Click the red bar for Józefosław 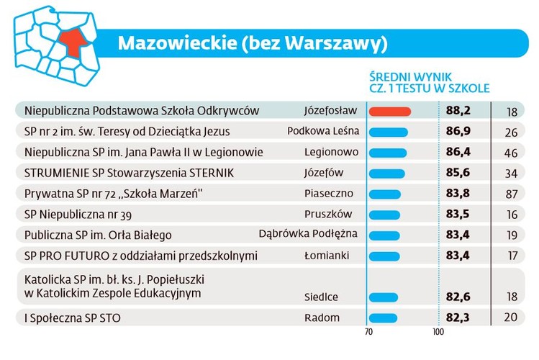tap(389, 112)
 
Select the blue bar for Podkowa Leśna tap(388, 132)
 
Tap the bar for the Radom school tap(383, 318)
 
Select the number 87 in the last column tap(512, 194)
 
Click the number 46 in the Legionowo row tap(512, 153)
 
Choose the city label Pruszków tap(329, 214)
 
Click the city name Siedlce tap(321, 297)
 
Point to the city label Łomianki tap(327, 256)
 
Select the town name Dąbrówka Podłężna tap(308, 234)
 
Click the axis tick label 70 tap(368, 333)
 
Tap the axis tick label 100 tap(438, 333)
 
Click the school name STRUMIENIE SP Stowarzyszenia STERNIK tap(129, 173)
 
